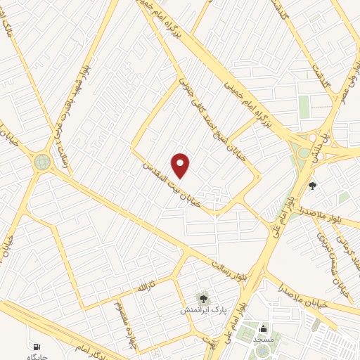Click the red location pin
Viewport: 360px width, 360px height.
point(181,165)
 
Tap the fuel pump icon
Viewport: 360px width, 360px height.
point(35,347)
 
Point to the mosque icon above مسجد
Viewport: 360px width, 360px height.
point(263,328)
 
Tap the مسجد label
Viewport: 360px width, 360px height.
point(263,339)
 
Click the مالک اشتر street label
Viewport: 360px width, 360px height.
point(9,30)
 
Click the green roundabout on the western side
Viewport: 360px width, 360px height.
point(43,162)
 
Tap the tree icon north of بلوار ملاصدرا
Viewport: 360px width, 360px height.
point(313,186)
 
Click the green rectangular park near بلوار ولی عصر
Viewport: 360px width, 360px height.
point(304,107)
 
